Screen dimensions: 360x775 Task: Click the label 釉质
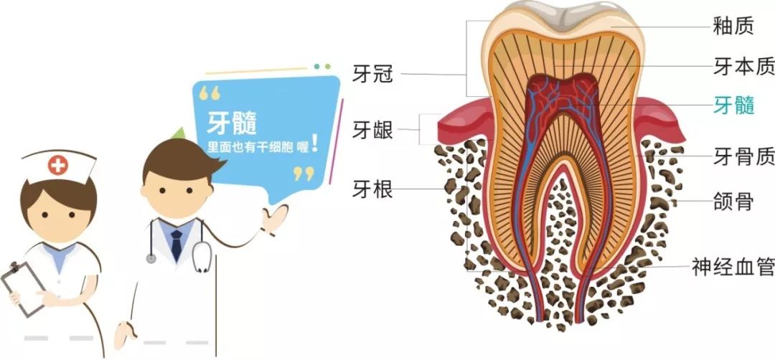tap(733, 27)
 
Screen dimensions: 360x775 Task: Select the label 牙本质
tap(743, 67)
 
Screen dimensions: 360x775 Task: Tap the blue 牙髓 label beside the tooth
tap(733, 105)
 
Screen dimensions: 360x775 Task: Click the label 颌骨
tap(733, 202)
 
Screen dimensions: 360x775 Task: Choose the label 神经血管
tap(733, 267)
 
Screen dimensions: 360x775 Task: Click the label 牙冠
tap(372, 73)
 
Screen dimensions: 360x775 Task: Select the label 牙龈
tap(372, 131)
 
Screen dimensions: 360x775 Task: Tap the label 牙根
tap(372, 189)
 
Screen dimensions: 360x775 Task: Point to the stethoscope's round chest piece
tap(151, 258)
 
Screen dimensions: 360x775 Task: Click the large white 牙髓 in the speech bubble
tap(232, 122)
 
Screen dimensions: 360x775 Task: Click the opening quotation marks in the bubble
tap(209, 93)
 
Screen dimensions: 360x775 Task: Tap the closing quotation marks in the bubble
tap(304, 173)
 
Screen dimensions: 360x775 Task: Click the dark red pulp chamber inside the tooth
tap(563, 100)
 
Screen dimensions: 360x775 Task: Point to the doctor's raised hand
tap(274, 219)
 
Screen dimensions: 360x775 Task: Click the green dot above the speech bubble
tap(328, 67)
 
